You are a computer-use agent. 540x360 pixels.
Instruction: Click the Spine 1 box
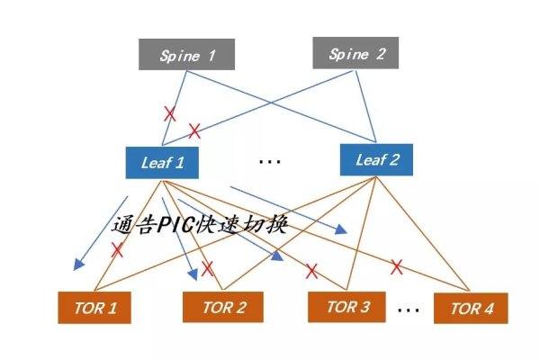click(x=188, y=55)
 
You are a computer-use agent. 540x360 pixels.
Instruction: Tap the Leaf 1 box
click(x=161, y=163)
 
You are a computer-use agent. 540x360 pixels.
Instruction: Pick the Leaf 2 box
click(x=377, y=159)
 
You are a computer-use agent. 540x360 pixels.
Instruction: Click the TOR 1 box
click(x=94, y=308)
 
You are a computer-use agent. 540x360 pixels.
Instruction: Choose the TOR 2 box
click(x=224, y=307)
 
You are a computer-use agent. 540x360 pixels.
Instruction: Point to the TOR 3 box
click(x=348, y=306)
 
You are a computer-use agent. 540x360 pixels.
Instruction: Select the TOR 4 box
click(x=471, y=308)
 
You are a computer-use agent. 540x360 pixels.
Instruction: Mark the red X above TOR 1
click(x=117, y=250)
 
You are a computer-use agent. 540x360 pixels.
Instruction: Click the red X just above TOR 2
click(x=208, y=268)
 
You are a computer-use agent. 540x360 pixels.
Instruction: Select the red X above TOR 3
click(x=311, y=270)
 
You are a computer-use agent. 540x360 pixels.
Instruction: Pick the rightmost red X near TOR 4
click(x=395, y=266)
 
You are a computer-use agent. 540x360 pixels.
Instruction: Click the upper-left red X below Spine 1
click(x=169, y=113)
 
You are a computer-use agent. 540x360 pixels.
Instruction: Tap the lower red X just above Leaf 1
click(x=193, y=130)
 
